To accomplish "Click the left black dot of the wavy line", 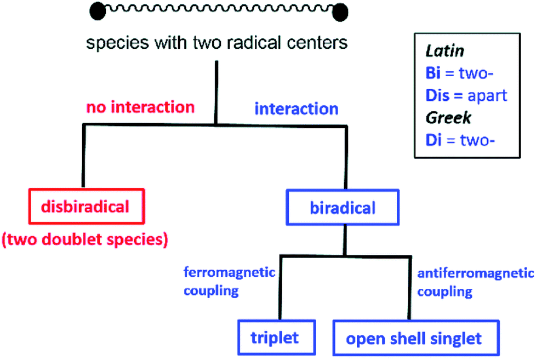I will (x=96, y=10).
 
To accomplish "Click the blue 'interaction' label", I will (x=296, y=108).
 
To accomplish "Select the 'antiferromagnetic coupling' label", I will (x=475, y=282).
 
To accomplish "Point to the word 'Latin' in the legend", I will (x=445, y=51).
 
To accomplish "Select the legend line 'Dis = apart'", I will (x=466, y=96).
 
